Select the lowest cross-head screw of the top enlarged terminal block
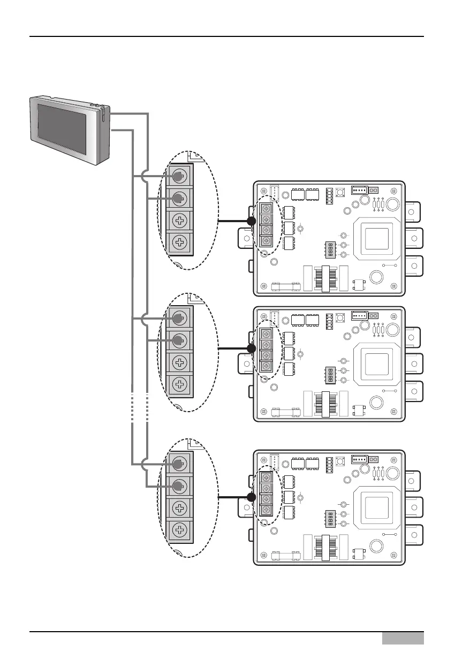(180, 244)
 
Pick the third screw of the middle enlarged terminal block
(180, 362)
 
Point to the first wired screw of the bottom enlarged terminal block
(180, 463)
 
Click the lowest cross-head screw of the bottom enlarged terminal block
(180, 531)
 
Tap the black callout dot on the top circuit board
(251, 221)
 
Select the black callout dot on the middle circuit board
(251, 348)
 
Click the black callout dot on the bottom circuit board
(251, 497)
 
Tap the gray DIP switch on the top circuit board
(330, 249)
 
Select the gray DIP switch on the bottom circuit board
(330, 519)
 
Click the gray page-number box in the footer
(403, 638)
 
